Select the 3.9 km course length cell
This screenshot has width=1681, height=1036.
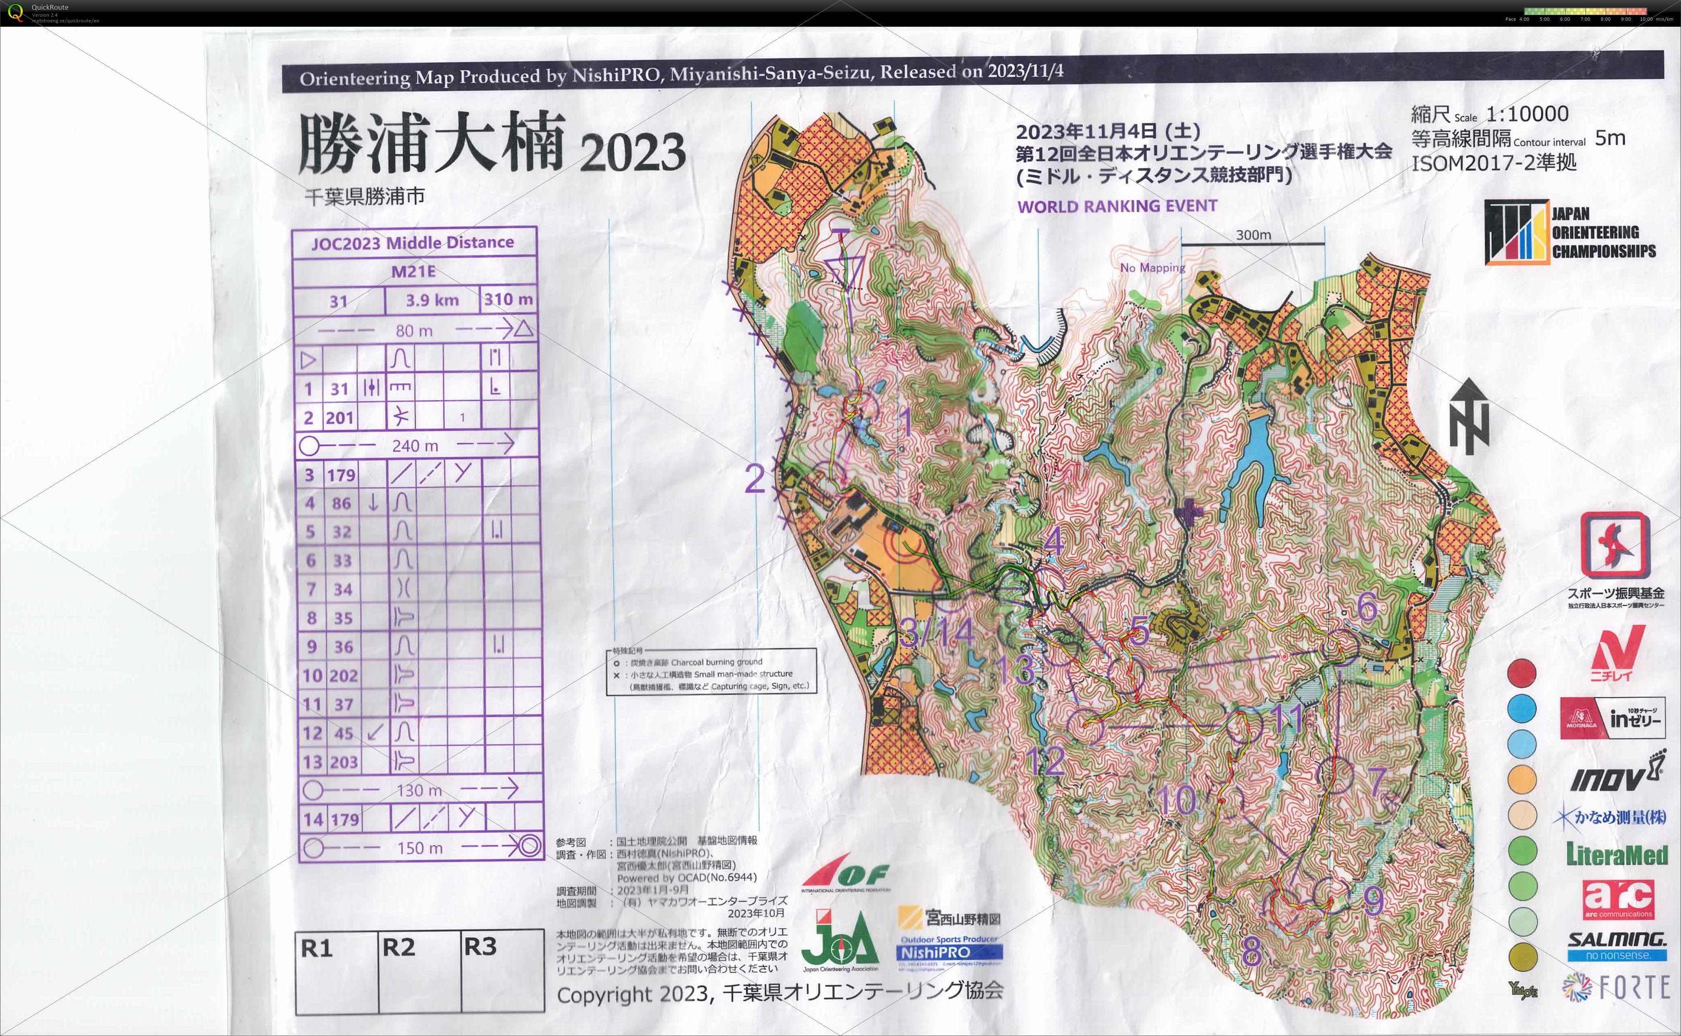pos(431,300)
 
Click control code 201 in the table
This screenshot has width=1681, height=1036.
pos(340,417)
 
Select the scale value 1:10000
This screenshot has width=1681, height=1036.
pos(1527,114)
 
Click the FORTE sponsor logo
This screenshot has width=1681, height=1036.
pos(1616,987)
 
